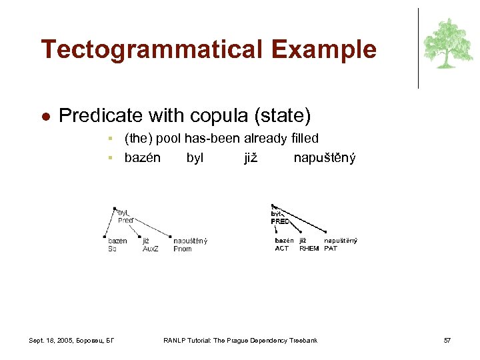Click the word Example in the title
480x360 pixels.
pos(333,50)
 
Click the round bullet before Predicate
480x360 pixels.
pos(45,116)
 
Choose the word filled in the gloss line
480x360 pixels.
pos(302,138)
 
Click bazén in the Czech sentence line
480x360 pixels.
pos(142,158)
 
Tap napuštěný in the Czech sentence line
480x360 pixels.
pos(325,158)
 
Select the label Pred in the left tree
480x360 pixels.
pos(125,220)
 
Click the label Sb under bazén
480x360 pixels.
pos(112,249)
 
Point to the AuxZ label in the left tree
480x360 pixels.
pos(151,249)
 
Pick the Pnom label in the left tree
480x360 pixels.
pos(182,249)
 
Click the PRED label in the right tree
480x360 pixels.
pos(280,221)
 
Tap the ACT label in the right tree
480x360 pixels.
pos(282,248)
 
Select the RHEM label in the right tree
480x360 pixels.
pos(309,248)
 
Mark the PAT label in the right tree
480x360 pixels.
pos(331,248)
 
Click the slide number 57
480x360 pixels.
pos(447,341)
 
